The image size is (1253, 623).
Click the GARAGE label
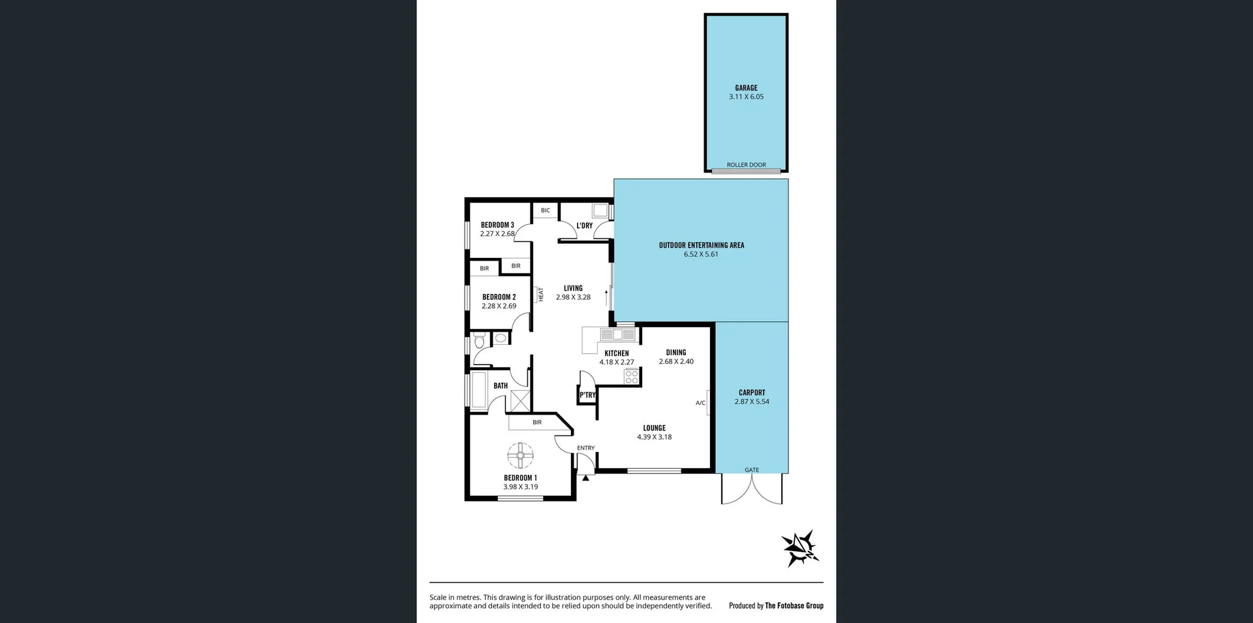(x=746, y=88)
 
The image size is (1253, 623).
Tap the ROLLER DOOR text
(x=746, y=165)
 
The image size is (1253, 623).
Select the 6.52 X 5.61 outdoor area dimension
(x=701, y=254)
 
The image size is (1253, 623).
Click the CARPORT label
(x=752, y=392)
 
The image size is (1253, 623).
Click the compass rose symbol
(x=801, y=548)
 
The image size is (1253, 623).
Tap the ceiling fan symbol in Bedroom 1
(x=521, y=456)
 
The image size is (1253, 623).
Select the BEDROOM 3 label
(x=497, y=225)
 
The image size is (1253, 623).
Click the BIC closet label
(x=546, y=210)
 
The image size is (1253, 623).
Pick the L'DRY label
(x=584, y=226)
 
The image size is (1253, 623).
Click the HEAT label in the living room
(x=540, y=295)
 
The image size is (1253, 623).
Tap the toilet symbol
(x=479, y=341)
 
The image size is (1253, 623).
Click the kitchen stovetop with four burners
(x=631, y=377)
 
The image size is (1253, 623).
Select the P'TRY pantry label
(x=587, y=395)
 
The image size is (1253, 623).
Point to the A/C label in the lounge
(x=700, y=403)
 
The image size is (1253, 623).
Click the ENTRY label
(x=585, y=448)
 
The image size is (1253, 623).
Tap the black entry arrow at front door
(x=585, y=478)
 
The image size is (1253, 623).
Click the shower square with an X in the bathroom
(x=520, y=400)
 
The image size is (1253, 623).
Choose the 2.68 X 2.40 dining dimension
(x=676, y=361)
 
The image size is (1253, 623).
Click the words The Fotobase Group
(x=794, y=605)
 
